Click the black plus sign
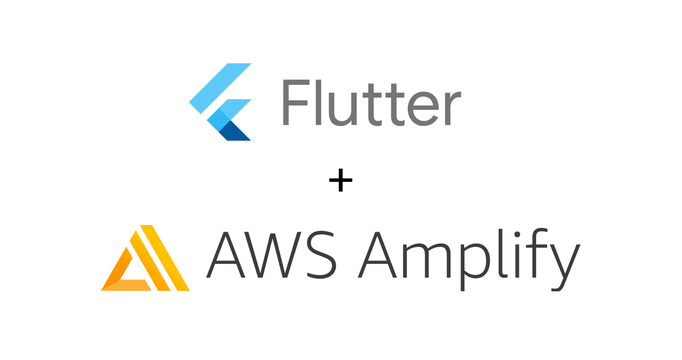point(341,182)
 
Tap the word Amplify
point(469,256)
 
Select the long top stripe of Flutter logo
point(220,88)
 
